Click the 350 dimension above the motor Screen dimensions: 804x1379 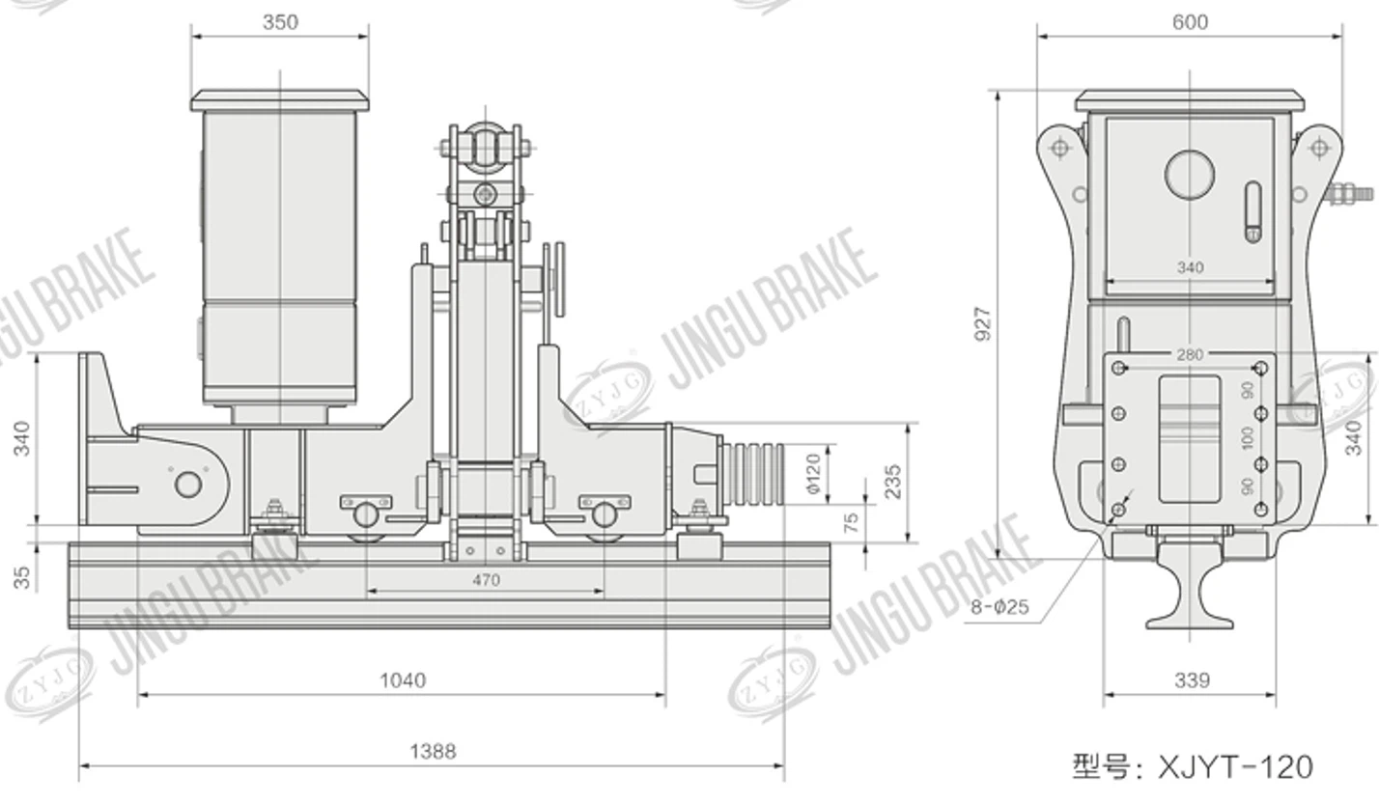[x=280, y=22]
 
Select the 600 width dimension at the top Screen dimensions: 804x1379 [x=1189, y=22]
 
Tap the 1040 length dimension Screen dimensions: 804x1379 [x=402, y=680]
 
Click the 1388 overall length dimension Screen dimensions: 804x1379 [x=432, y=751]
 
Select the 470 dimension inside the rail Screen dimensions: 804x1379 [x=486, y=580]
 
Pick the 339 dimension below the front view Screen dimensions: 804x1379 [x=1192, y=680]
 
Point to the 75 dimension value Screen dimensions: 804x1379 [x=851, y=522]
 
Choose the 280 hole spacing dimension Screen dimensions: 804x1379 [x=1190, y=354]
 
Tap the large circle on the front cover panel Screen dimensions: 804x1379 [x=1190, y=175]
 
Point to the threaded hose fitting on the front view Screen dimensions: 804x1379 [x=1349, y=193]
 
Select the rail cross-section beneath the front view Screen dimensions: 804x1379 [x=1190, y=591]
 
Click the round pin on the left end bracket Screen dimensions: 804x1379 [x=187, y=484]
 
